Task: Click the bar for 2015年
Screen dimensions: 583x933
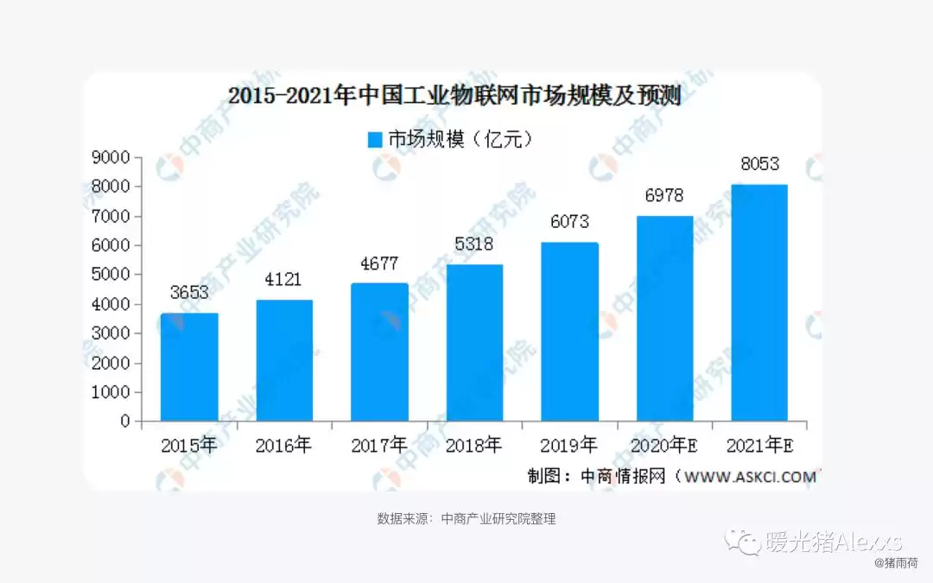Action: click(189, 367)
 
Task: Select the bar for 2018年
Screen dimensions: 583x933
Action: click(474, 343)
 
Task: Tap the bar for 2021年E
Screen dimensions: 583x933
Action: click(759, 302)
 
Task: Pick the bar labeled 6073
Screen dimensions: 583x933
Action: click(569, 332)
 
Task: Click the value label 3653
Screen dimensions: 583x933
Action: click(189, 292)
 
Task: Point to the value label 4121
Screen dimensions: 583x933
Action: click(284, 279)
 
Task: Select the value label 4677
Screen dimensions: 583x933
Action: click(379, 263)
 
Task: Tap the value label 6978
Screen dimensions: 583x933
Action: click(663, 196)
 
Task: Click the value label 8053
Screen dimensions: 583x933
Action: click(759, 164)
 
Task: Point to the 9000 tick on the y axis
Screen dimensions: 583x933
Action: click(114, 157)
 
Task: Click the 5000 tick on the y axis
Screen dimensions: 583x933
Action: click(114, 275)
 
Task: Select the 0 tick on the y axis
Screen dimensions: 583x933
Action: click(125, 421)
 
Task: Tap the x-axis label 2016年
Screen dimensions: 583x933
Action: click(283, 446)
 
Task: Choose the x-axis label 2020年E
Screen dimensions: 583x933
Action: click(665, 446)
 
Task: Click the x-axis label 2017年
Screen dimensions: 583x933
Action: click(378, 446)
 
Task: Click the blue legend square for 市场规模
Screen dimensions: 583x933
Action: click(374, 140)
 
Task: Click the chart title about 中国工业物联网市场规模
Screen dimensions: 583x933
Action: click(454, 96)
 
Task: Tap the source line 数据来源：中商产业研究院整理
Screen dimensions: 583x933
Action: click(466, 519)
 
